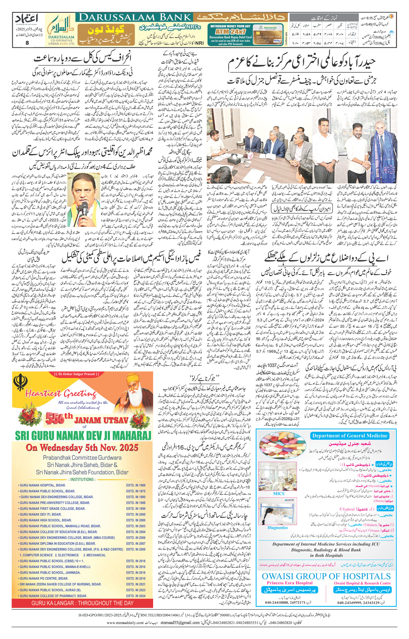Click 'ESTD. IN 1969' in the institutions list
[136, 485]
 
